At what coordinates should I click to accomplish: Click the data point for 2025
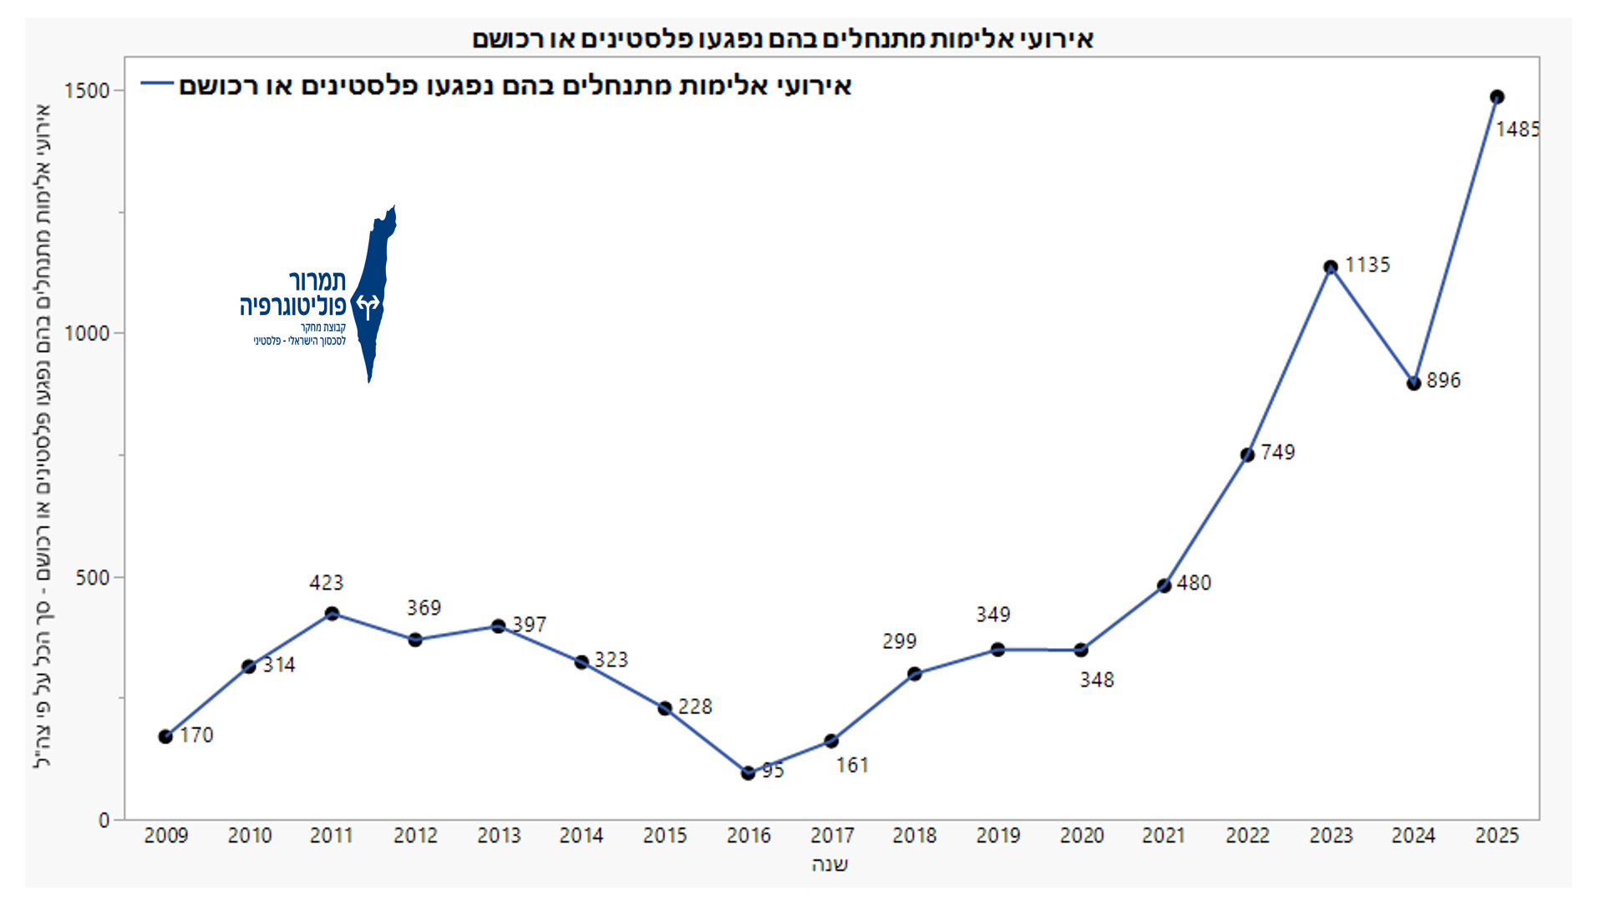(x=1497, y=97)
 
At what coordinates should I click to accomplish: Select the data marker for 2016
(x=748, y=773)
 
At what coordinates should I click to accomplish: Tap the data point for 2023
(x=1331, y=267)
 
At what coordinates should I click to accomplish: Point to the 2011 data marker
(x=332, y=614)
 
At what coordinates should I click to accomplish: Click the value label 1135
(x=1368, y=265)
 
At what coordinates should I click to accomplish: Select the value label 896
(x=1443, y=380)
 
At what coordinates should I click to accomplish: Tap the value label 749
(x=1277, y=452)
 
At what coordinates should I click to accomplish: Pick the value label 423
(x=326, y=582)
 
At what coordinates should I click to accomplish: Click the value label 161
(x=852, y=765)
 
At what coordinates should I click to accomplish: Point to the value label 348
(x=1096, y=680)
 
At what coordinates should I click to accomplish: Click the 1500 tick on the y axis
(x=87, y=90)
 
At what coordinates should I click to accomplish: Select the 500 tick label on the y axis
(x=93, y=577)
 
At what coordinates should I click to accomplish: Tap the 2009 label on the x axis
(x=166, y=835)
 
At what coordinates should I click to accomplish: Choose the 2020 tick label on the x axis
(x=1082, y=835)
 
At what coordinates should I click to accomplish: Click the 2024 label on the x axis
(x=1414, y=835)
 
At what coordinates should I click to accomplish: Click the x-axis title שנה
(x=830, y=864)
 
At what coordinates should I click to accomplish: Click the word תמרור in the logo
(x=317, y=281)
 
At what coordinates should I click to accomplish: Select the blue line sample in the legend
(x=156, y=84)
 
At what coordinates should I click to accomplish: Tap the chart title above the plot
(x=783, y=38)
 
